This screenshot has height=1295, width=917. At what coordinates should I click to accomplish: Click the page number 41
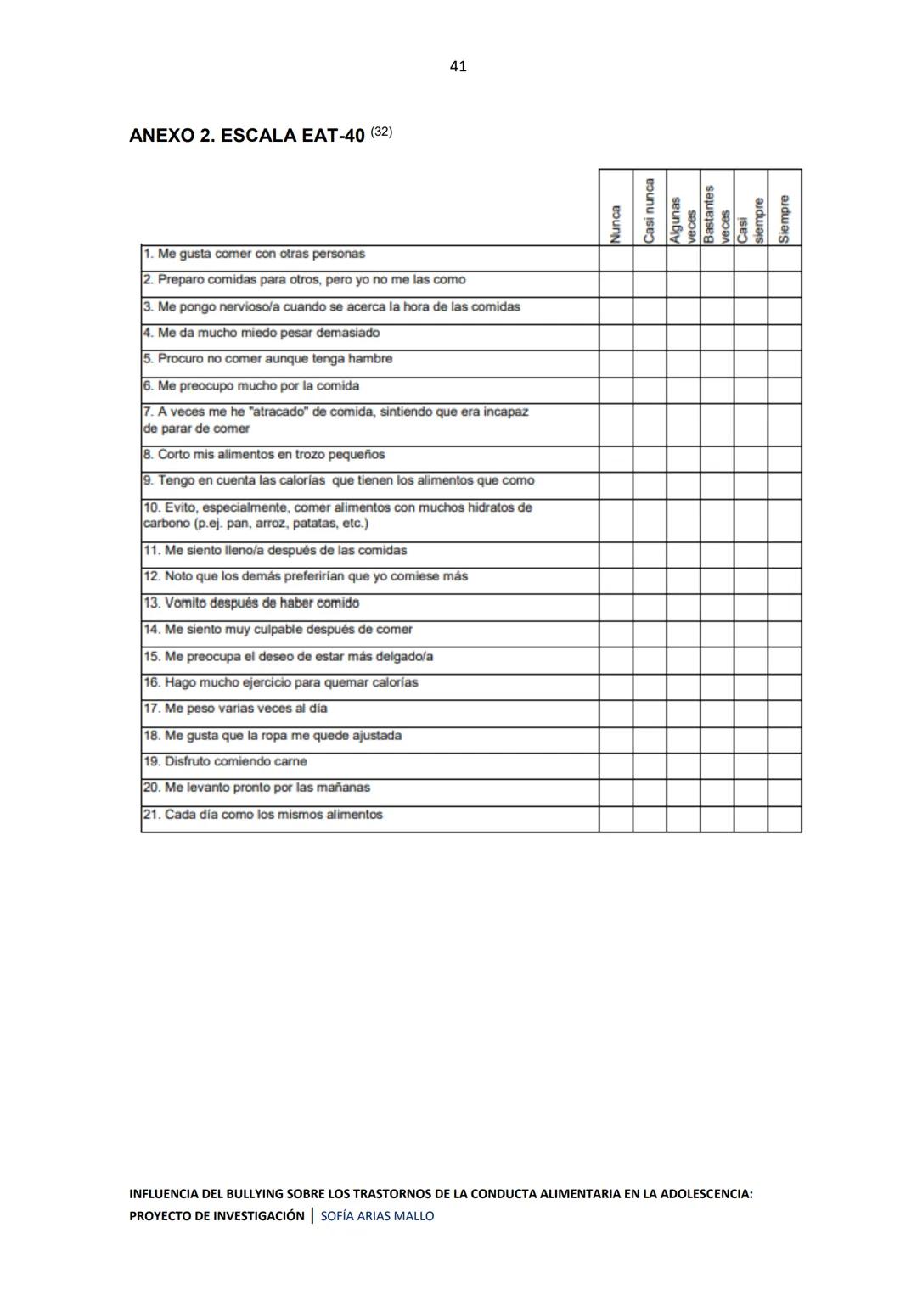458,66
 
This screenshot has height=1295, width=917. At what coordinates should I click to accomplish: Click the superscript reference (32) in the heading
381,132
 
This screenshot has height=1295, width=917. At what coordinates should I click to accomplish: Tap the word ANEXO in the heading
160,136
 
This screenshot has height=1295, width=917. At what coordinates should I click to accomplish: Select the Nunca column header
616,222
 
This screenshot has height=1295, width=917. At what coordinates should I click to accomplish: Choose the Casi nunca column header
650,210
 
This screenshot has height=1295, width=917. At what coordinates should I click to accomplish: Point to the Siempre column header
785,218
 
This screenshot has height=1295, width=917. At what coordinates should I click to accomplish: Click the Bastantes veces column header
717,214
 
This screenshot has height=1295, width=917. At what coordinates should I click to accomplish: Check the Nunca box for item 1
616,259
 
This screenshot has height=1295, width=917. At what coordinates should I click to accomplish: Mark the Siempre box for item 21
785,819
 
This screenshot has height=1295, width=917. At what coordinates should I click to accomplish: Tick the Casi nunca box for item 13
650,608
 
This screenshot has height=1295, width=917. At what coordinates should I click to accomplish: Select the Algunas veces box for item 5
684,364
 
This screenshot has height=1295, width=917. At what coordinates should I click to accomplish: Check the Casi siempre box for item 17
751,713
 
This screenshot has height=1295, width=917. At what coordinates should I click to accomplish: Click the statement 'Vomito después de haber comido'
262,603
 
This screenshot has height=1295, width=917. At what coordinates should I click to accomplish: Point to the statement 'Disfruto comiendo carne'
235,762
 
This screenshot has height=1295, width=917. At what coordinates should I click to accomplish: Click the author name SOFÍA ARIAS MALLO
377,1216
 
